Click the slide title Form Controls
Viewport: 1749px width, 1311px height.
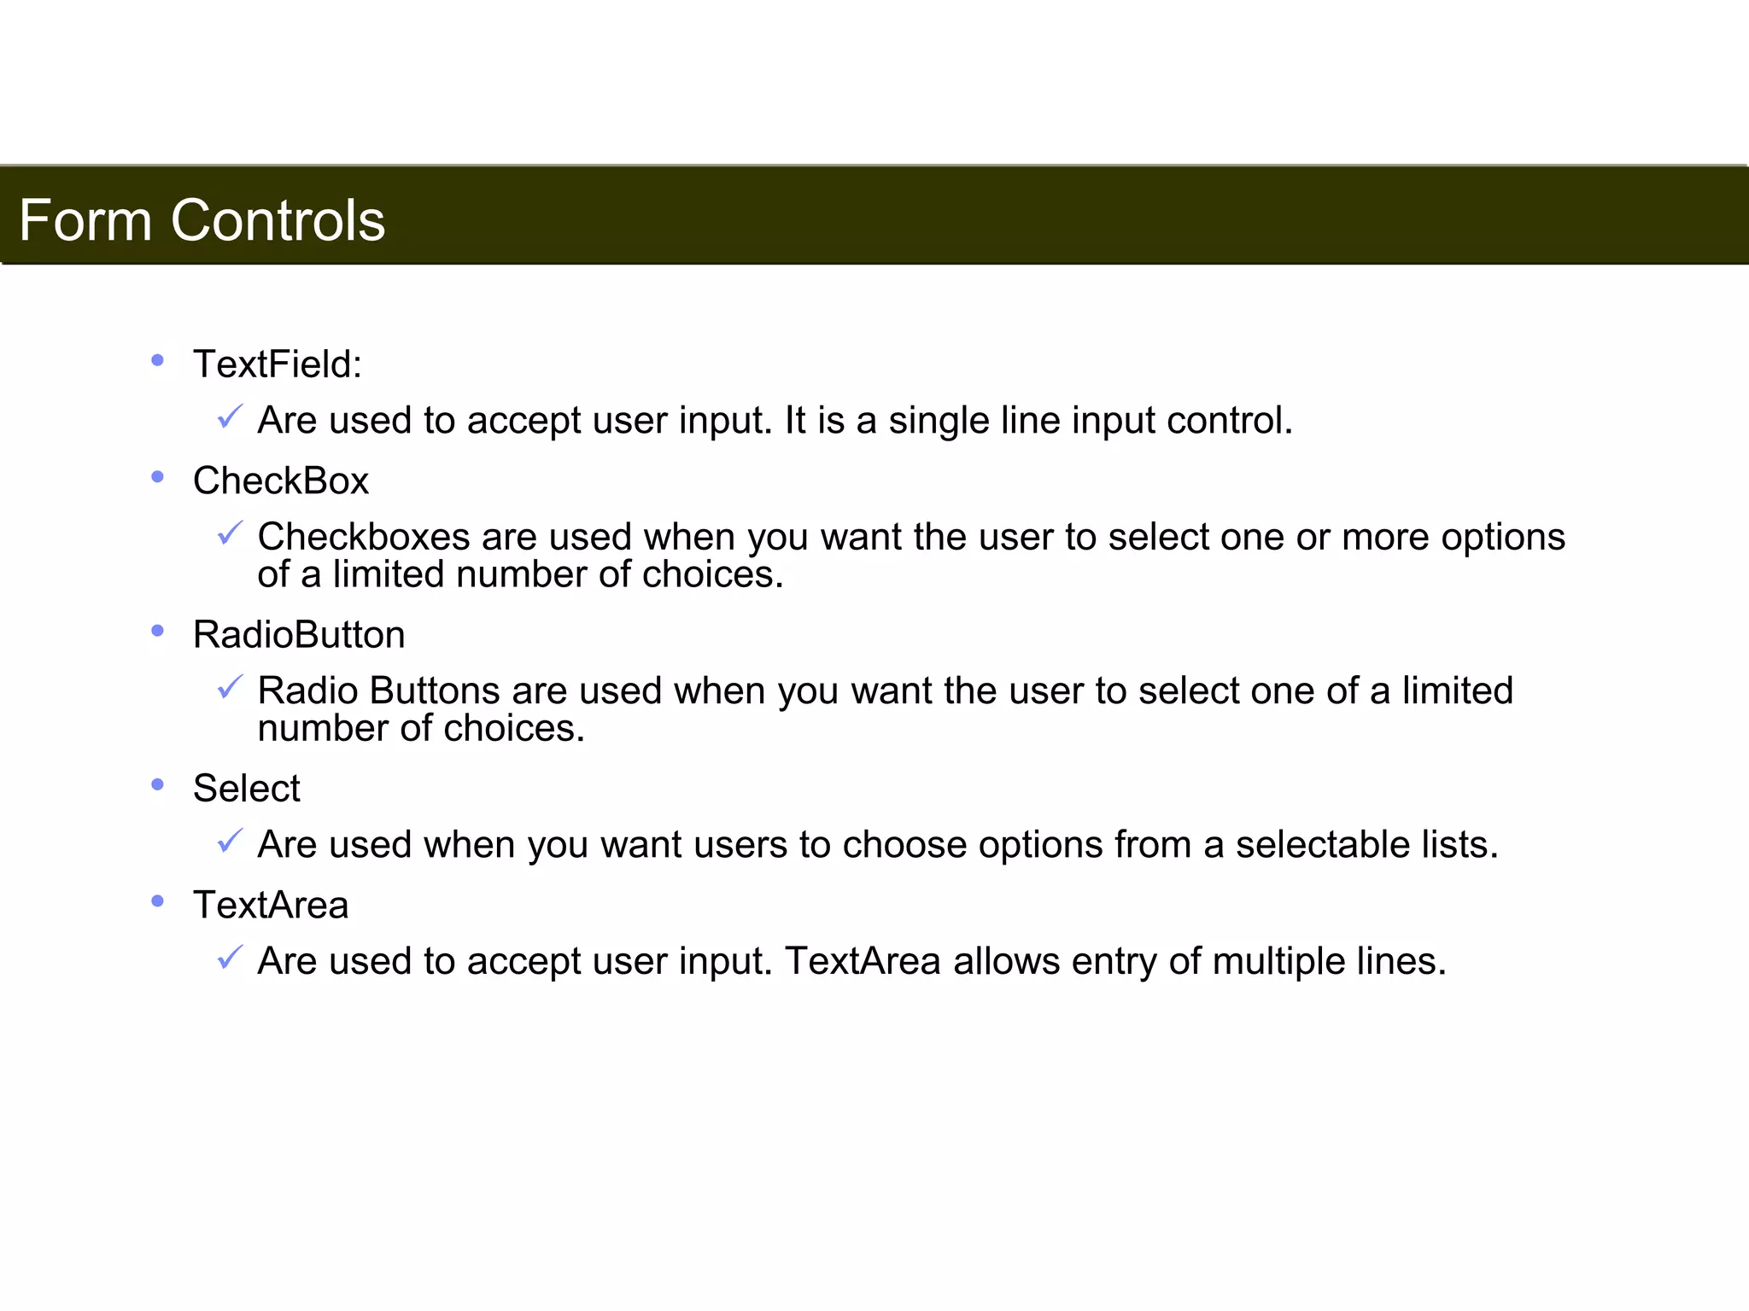[x=202, y=220]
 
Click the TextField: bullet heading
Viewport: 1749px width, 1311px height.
[x=278, y=364]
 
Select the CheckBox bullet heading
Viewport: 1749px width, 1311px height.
[x=280, y=481]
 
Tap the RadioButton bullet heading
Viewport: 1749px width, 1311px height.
[x=299, y=635]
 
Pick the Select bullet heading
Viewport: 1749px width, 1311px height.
[x=246, y=789]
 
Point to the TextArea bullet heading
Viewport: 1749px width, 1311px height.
[x=271, y=906]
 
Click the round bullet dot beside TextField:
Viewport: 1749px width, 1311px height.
[x=157, y=360]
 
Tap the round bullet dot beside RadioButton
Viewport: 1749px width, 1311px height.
[x=157, y=631]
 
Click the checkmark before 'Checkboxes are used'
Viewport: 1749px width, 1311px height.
[x=230, y=533]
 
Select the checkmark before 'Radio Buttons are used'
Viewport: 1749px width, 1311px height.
[x=230, y=687]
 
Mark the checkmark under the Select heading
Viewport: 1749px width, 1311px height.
[x=230, y=841]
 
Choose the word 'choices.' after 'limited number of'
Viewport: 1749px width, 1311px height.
[x=712, y=574]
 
